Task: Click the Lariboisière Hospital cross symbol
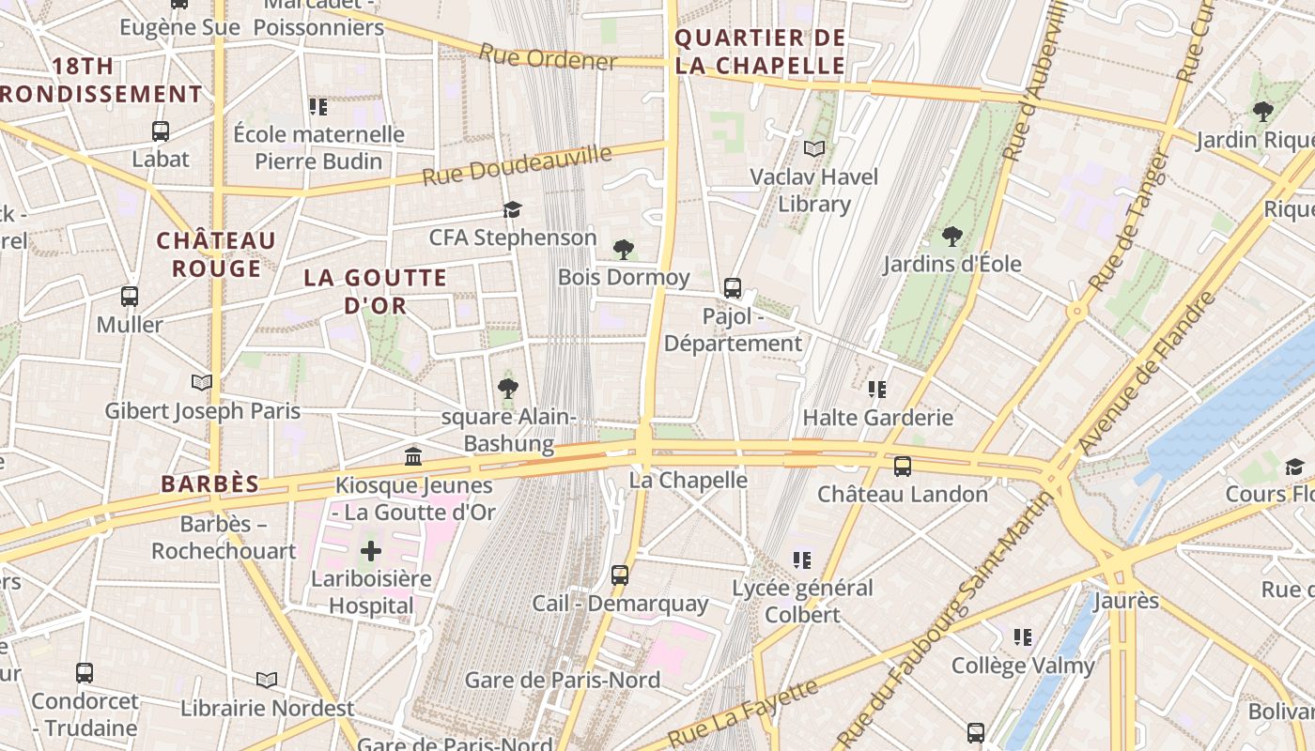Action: point(371,550)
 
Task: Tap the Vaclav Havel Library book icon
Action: point(814,148)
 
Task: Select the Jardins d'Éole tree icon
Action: point(951,236)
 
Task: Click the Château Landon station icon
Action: point(902,466)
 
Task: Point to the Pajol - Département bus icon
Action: point(733,288)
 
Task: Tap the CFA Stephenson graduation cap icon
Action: point(512,209)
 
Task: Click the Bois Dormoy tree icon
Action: point(623,249)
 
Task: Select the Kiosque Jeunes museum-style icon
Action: point(412,457)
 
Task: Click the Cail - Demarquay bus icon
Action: point(620,575)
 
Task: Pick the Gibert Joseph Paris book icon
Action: point(202,382)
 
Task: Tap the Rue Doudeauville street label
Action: point(517,165)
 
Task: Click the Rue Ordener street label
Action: point(548,57)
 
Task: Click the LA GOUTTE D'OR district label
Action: point(376,292)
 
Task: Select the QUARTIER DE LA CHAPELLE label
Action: point(760,52)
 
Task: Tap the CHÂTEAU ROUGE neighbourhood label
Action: point(216,254)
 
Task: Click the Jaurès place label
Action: point(1126,600)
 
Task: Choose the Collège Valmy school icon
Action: point(1023,637)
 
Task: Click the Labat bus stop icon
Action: point(161,131)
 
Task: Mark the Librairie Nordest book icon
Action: point(267,680)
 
